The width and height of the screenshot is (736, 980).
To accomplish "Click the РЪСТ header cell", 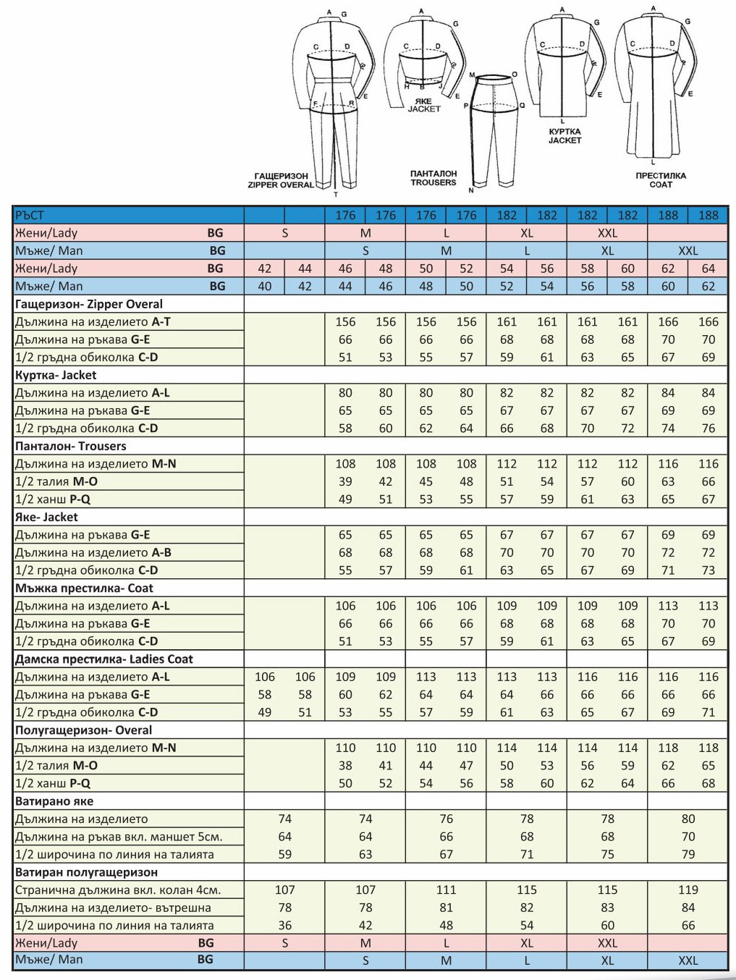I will point(30,215).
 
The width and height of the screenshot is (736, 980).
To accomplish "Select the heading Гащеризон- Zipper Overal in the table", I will point(89,304).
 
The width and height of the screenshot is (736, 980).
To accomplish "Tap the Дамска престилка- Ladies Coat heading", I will point(104,659).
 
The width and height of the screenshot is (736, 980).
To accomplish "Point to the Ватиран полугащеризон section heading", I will point(86,872).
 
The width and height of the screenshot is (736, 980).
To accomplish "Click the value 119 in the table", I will point(688,890).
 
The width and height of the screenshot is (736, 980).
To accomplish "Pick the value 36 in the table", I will point(285,925).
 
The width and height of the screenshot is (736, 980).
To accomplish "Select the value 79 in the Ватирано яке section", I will point(688,854).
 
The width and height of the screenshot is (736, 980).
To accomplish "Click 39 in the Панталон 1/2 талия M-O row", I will point(345,481).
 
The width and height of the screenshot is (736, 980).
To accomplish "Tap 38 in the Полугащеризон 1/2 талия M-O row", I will point(345,765).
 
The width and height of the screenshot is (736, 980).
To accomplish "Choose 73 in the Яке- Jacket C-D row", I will point(708,570).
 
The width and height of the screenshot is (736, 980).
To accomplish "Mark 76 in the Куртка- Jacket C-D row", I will point(708,428).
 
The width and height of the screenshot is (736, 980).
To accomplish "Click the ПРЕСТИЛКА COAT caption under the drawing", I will point(660,179).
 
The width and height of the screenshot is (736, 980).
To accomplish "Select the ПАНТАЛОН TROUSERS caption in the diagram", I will point(433,178).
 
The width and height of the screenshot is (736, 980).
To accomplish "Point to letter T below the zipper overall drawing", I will point(336,195).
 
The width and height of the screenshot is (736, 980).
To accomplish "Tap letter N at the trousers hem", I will point(471,190).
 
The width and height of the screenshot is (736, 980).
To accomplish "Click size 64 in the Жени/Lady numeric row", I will point(708,269).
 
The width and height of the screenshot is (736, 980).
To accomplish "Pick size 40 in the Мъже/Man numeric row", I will point(265,286).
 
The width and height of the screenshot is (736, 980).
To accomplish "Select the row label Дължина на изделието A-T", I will point(93,321).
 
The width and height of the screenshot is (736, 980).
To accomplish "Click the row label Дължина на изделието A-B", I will point(93,552).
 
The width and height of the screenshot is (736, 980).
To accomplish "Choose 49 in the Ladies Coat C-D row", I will point(265,712).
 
